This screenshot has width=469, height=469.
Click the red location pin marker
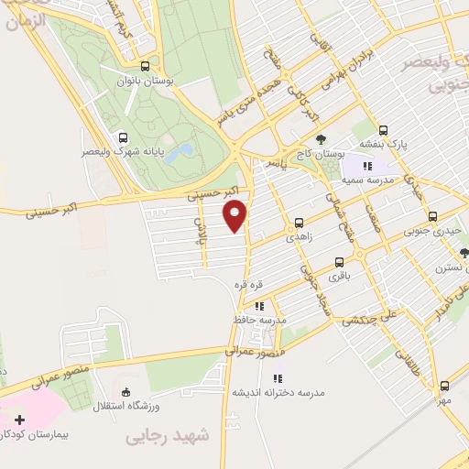coord(236,214)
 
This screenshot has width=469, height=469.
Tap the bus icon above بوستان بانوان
coord(146,66)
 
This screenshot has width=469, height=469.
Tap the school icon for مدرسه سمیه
coord(367,166)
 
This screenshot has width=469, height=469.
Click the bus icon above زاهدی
coord(300,223)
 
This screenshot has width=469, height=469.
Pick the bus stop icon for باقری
coord(340,262)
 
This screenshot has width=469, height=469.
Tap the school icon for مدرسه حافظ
coord(259,306)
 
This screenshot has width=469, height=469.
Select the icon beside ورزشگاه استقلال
coord(125,394)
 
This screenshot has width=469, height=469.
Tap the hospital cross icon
coord(20,420)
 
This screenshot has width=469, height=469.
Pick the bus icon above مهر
coord(444,386)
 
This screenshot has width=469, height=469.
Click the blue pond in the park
coord(185,149)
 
